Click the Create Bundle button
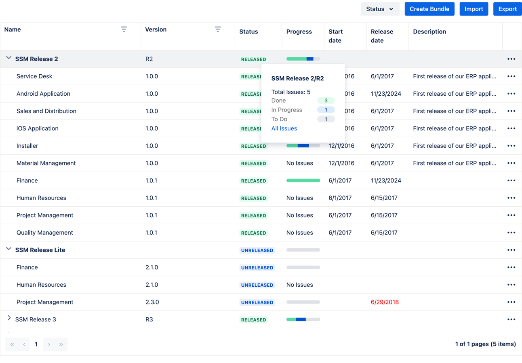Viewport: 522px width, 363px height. [429, 9]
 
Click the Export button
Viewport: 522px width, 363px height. [507, 9]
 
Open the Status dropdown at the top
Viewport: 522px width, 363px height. [380, 9]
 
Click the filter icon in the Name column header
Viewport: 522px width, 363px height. [124, 29]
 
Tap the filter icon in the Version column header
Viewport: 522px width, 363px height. [218, 29]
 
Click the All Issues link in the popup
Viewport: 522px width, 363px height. [284, 128]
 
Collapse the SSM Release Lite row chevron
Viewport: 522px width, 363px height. [9, 249]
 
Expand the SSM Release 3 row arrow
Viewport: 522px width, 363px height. [9, 319]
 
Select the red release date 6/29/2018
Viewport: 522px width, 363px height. [385, 302]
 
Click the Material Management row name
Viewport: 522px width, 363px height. [46, 163]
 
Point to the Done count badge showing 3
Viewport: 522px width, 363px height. [326, 101]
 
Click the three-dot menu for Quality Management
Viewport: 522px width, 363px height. [511, 233]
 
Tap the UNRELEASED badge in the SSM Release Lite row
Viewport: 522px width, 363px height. [257, 250]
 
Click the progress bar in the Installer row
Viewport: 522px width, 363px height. [303, 146]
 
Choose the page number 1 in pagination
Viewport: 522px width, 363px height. [36, 344]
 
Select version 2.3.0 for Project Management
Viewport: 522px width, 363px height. [152, 302]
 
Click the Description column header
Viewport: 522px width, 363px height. [429, 31]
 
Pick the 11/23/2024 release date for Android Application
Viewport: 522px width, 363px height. [386, 94]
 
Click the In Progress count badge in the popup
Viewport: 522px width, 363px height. [326, 110]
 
